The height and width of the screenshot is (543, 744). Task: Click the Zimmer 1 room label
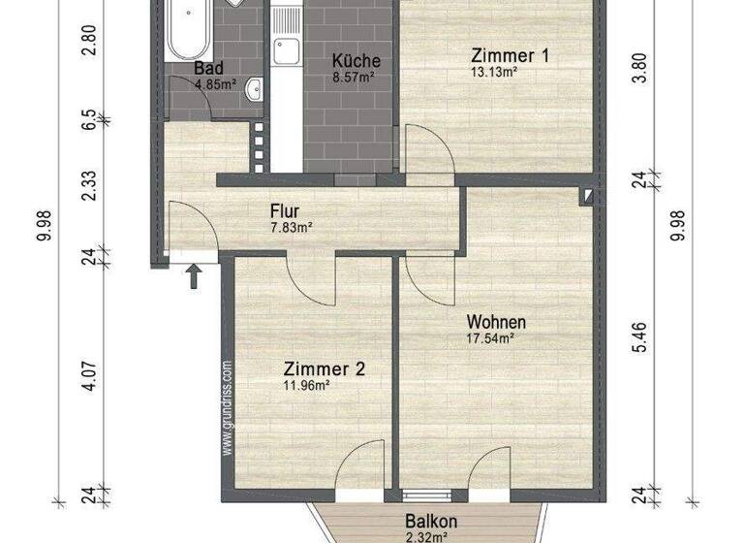pos(511,55)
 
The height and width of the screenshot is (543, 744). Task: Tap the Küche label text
pos(356,61)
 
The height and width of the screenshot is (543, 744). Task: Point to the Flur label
pos(285,210)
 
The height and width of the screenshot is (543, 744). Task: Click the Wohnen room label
pos(496,321)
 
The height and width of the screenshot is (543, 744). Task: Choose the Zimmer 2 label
pos(325,368)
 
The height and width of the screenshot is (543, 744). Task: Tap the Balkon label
pos(431,521)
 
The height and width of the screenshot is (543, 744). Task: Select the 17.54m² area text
pos(490,338)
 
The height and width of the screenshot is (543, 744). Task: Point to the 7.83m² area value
pos(291,228)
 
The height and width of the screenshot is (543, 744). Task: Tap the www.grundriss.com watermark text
pos(228,408)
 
